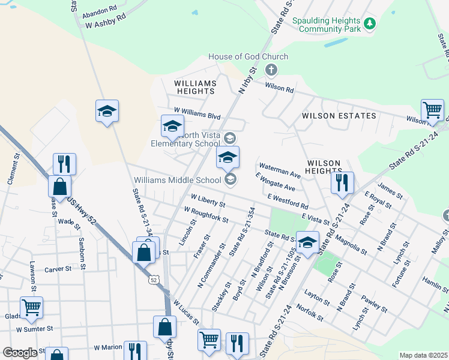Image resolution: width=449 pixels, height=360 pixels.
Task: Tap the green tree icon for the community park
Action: click(x=371, y=23)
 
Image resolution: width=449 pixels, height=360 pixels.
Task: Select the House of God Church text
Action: click(x=248, y=57)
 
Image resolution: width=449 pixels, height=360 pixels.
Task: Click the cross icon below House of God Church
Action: click(x=271, y=71)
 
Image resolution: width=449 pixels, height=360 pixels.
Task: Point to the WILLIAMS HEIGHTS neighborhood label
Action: click(x=194, y=87)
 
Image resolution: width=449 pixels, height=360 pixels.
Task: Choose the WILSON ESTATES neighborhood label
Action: click(x=339, y=116)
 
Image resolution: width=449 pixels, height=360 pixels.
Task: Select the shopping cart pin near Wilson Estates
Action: click(x=432, y=110)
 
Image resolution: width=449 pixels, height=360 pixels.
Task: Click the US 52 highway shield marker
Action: click(x=154, y=280)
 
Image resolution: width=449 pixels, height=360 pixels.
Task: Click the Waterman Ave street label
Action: click(x=279, y=171)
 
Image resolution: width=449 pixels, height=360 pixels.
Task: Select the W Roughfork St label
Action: click(x=206, y=215)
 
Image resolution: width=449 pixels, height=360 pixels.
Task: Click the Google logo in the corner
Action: click(x=20, y=353)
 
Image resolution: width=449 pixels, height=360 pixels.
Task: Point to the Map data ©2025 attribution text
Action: click(x=423, y=355)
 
